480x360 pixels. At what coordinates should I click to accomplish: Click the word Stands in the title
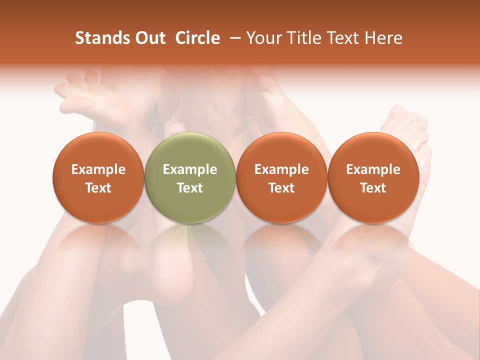(102, 38)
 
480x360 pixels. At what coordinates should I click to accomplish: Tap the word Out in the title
(149, 38)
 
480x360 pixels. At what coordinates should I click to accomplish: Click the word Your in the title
(263, 38)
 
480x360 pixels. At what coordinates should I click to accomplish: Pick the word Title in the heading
(301, 38)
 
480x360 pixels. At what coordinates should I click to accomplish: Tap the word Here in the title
(383, 38)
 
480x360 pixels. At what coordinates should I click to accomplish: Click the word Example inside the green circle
(190, 169)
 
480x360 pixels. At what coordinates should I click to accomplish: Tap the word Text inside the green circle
(190, 188)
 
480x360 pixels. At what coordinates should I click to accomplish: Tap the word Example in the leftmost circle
(98, 169)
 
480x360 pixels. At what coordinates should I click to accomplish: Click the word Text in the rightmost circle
(373, 188)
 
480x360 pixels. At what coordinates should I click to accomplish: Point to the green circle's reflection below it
(190, 240)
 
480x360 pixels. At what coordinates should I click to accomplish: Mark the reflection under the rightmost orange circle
(373, 240)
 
